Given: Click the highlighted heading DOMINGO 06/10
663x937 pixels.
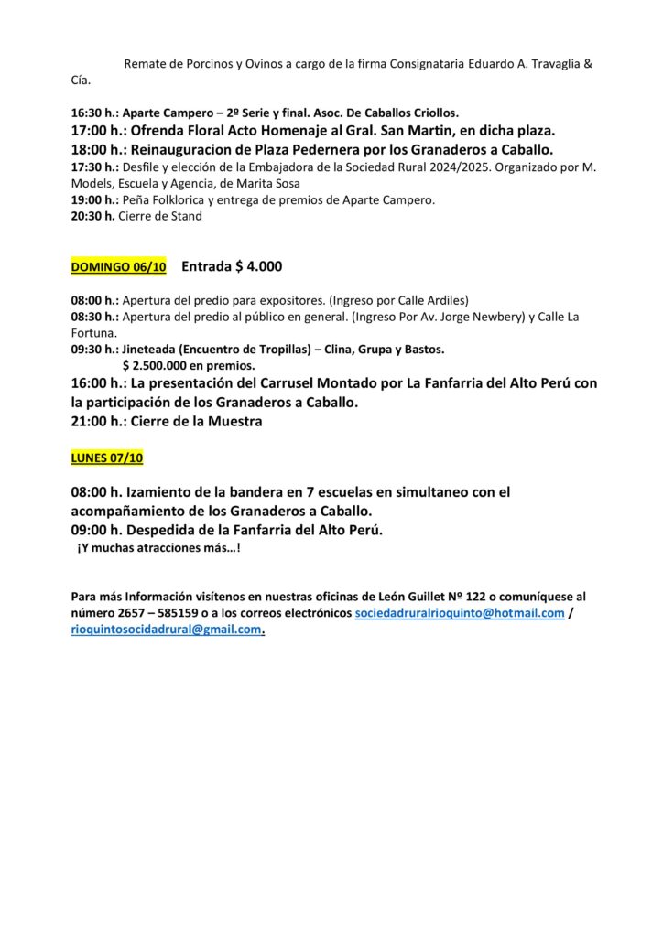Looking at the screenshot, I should [x=119, y=267].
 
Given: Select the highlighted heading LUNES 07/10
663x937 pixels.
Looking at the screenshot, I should [x=107, y=458].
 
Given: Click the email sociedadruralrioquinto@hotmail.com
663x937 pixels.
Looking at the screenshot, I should [x=459, y=613].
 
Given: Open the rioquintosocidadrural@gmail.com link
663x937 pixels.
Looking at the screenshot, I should [x=166, y=630].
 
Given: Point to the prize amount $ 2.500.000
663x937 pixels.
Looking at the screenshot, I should [x=161, y=364].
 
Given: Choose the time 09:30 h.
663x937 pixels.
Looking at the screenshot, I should [x=93, y=349].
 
